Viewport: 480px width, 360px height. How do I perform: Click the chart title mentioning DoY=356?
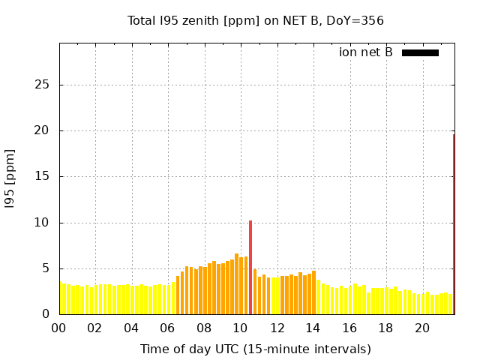[256, 20]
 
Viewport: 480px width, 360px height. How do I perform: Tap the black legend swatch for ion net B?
[420, 52]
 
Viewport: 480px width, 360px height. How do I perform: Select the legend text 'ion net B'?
[365, 52]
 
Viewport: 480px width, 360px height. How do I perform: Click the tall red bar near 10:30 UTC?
[250, 266]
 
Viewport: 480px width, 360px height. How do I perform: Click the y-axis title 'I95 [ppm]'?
[10, 178]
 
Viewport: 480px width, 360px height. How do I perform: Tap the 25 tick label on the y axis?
[43, 85]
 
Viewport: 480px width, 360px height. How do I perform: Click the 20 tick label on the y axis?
[43, 130]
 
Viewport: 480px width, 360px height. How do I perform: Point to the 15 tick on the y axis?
[43, 177]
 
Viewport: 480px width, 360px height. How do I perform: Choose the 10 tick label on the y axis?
[43, 223]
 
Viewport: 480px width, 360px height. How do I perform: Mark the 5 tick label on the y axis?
[46, 268]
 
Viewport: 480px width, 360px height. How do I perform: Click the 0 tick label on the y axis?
[46, 314]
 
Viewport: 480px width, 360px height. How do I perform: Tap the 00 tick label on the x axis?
[58, 328]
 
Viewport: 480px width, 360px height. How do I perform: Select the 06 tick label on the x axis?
[167, 328]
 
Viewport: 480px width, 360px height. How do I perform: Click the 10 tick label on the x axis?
[240, 328]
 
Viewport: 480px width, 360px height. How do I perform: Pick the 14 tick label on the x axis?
[313, 328]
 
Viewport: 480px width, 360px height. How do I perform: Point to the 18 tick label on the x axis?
[385, 328]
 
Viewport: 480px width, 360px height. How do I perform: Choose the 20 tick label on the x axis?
[422, 328]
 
